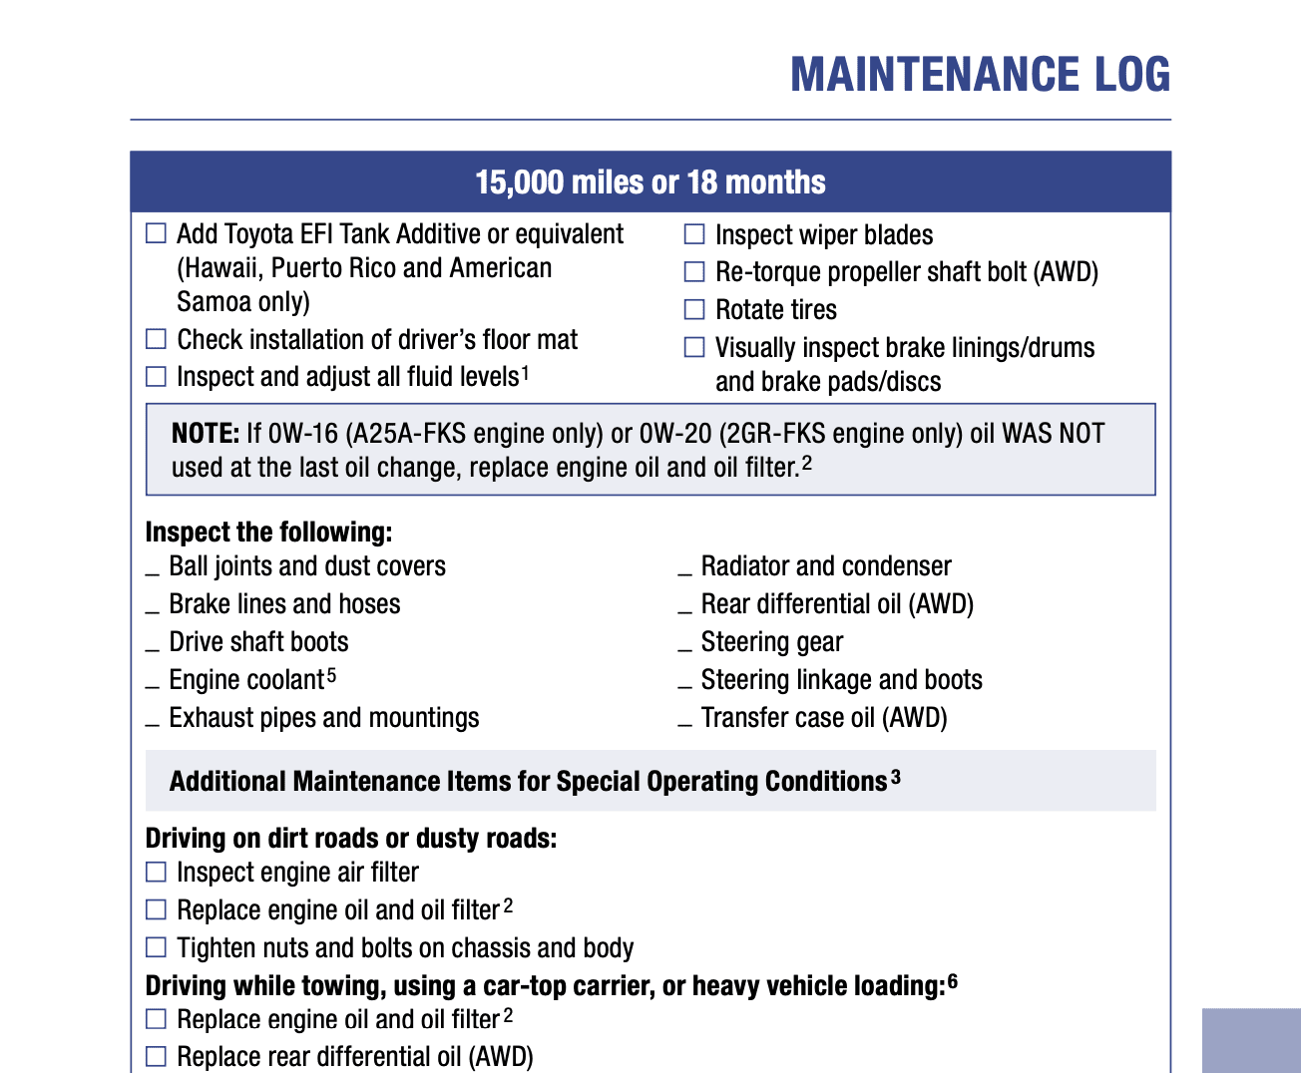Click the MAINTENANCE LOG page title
(x=980, y=75)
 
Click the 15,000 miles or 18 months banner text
(x=650, y=182)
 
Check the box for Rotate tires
(x=694, y=310)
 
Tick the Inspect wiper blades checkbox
(x=694, y=235)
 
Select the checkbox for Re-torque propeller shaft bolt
(x=694, y=272)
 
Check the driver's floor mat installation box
(x=157, y=340)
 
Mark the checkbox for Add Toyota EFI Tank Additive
(x=157, y=234)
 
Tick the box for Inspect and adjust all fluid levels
(x=157, y=377)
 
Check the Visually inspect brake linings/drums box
(x=694, y=348)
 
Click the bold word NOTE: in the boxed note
(x=206, y=434)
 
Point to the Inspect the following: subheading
(x=268, y=532)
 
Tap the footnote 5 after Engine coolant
(x=331, y=677)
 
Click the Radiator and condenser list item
(x=825, y=566)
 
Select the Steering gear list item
(x=771, y=642)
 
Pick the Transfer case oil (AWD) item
(x=823, y=718)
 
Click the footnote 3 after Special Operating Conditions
(x=896, y=778)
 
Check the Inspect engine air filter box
(x=157, y=873)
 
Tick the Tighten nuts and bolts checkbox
(x=157, y=947)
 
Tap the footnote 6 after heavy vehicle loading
(x=953, y=983)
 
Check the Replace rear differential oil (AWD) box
(x=157, y=1056)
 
